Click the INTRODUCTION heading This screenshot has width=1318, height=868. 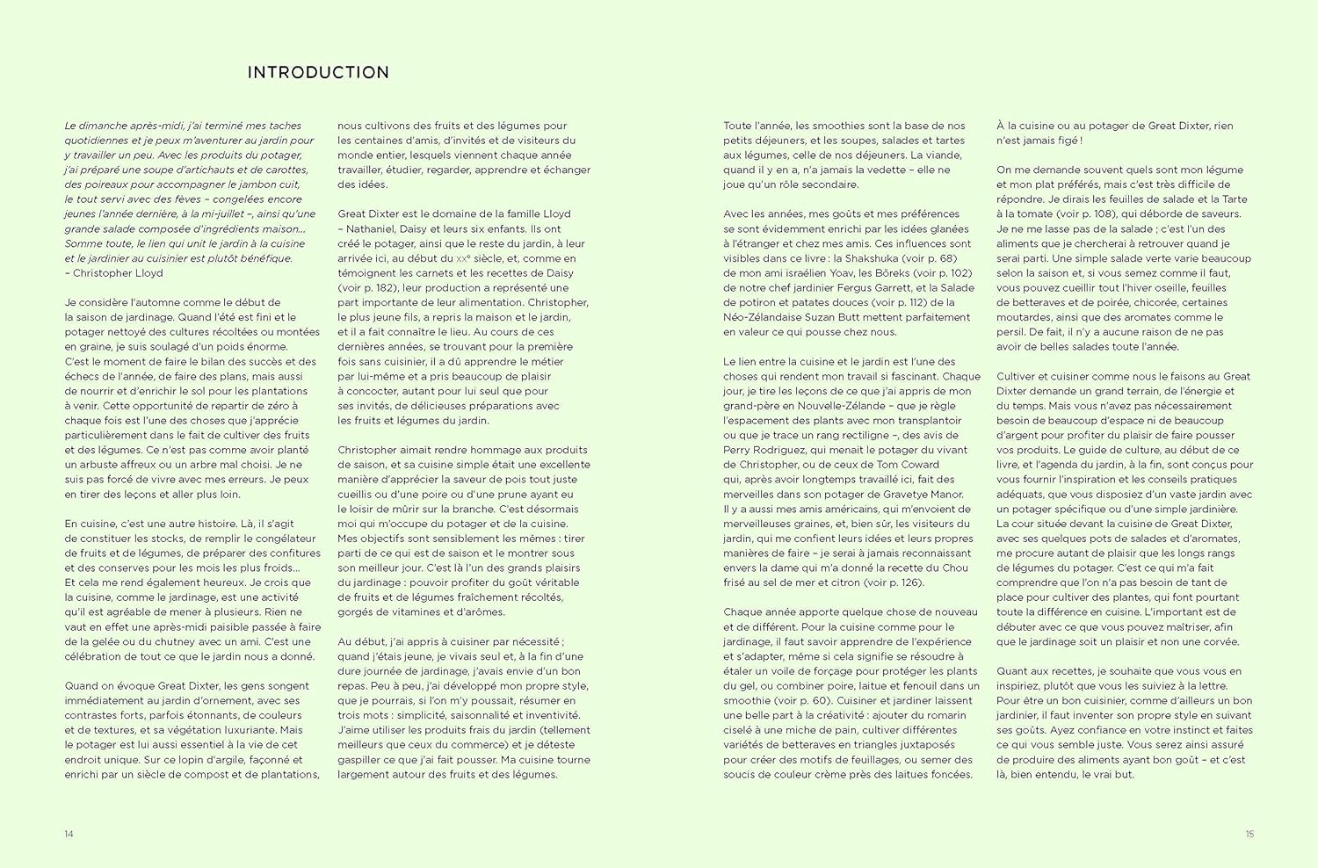pyautogui.click(x=318, y=73)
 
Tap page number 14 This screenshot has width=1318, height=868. pyautogui.click(x=69, y=834)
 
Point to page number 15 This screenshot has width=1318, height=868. pyautogui.click(x=1249, y=834)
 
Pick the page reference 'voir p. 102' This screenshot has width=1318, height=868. pyautogui.click(x=942, y=273)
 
